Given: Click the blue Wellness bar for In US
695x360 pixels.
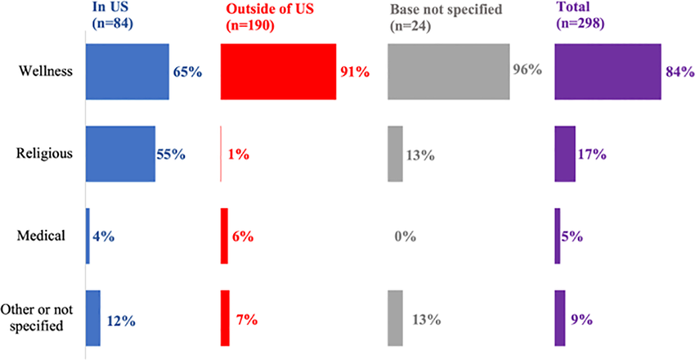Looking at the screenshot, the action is (x=128, y=71).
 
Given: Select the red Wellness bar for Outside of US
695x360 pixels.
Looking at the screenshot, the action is (x=278, y=71).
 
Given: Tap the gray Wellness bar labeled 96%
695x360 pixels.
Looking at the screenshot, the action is (x=449, y=71).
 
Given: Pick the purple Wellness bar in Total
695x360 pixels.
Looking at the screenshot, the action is (x=608, y=71).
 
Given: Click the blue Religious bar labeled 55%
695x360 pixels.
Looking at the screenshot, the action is (x=120, y=154).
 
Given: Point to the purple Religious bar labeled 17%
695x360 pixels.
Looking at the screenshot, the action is (x=565, y=154).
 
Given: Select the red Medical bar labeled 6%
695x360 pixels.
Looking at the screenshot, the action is (x=224, y=236).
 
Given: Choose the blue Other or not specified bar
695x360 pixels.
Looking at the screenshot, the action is (x=93, y=318).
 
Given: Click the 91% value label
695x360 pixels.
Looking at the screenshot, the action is (x=355, y=72).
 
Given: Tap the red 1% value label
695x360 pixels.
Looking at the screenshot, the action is (x=238, y=155).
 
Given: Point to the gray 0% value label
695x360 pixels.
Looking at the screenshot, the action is (x=405, y=237).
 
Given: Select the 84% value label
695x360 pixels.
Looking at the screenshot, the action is (x=680, y=72).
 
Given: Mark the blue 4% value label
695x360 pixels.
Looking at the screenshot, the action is (x=104, y=237).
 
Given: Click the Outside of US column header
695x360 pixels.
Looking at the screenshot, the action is (x=270, y=9).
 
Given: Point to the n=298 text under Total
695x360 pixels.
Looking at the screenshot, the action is (x=581, y=25).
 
